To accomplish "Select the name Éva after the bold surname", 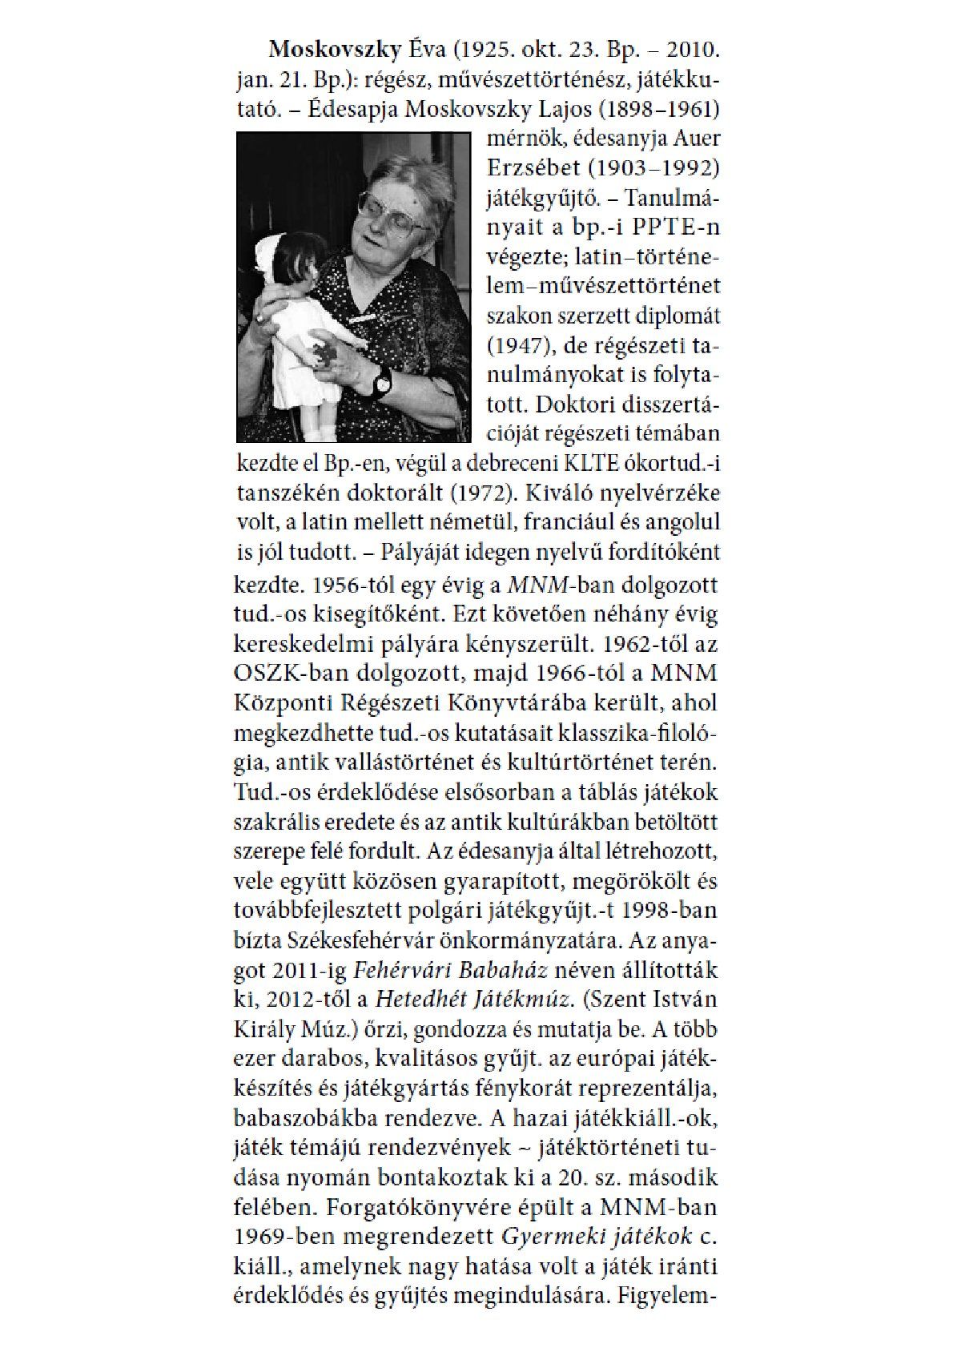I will click(x=425, y=51).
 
